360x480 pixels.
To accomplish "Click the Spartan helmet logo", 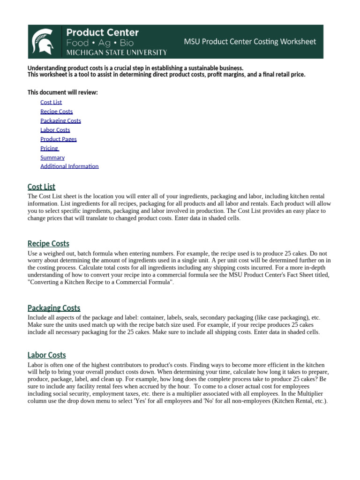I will click(x=45, y=41).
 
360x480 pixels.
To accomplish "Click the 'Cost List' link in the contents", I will click(x=51, y=102).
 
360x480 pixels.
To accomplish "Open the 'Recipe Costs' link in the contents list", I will click(x=57, y=112).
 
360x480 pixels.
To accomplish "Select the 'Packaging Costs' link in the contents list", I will click(x=60, y=120).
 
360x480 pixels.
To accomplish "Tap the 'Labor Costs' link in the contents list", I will click(x=55, y=130).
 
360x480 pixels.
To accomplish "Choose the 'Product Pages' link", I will click(x=59, y=139).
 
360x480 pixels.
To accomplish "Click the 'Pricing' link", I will click(x=49, y=148).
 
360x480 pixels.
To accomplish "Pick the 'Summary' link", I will click(x=52, y=157).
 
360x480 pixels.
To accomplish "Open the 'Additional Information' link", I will click(x=69, y=166).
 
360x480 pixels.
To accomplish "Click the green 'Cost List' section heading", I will click(x=41, y=187).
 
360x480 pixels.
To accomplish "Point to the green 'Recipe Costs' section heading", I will click(x=48, y=243).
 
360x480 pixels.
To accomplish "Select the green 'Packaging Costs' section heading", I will click(x=54, y=308).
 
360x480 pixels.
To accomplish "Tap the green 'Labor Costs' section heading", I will click(x=47, y=355).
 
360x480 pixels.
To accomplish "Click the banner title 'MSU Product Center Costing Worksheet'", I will click(x=250, y=42).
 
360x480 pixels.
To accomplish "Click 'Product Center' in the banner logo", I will click(x=102, y=32).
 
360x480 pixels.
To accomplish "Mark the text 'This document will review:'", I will click(x=63, y=92).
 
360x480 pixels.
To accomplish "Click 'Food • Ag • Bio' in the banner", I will click(x=100, y=42).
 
